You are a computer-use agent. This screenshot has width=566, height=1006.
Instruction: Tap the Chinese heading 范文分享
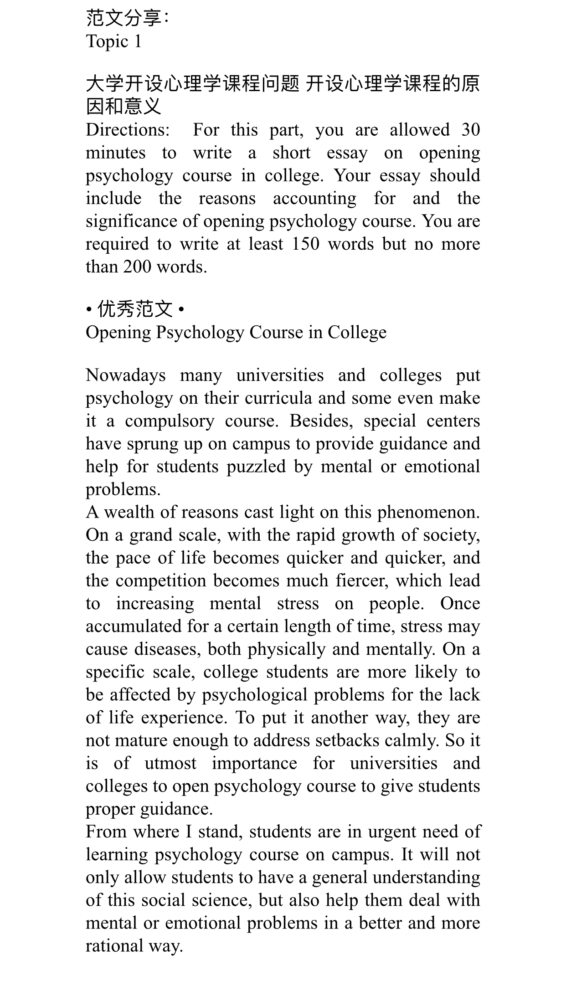[x=124, y=18]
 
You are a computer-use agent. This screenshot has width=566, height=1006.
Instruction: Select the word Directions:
[x=128, y=130]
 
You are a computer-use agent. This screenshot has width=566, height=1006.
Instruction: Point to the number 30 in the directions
[x=470, y=130]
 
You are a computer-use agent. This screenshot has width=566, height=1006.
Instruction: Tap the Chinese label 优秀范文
[x=135, y=310]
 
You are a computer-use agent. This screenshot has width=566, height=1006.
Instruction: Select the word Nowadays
[x=126, y=375]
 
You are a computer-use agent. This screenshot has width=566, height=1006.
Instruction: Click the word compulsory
[x=169, y=421]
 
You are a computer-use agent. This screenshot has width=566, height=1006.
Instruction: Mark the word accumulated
[x=134, y=626]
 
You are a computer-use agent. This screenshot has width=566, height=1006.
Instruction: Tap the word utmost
[x=170, y=763]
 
